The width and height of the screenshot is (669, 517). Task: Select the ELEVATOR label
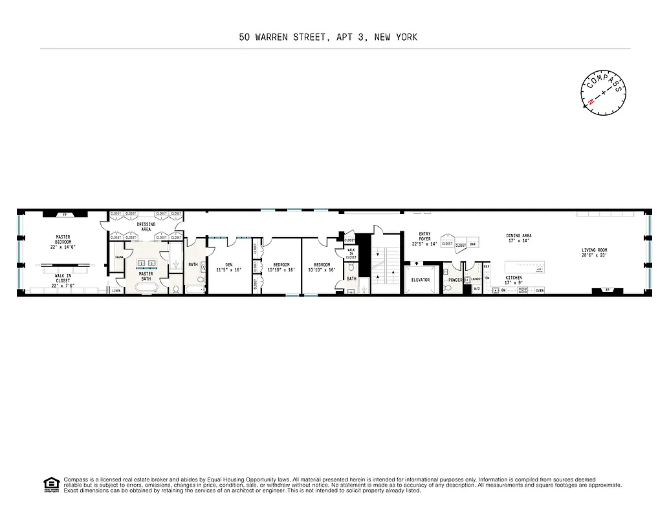click(420, 280)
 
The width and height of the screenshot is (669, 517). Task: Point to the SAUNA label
click(119, 257)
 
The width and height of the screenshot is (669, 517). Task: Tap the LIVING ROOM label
click(594, 253)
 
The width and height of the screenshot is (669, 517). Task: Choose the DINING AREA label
click(519, 238)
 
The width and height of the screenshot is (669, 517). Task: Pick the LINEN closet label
click(116, 291)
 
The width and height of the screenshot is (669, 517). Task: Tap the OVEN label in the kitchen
click(540, 291)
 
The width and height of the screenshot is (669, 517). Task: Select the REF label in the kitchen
click(487, 266)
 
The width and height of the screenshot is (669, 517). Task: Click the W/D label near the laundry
click(477, 289)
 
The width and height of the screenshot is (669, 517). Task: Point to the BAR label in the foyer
click(473, 244)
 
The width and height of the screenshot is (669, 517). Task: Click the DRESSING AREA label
click(146, 226)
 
